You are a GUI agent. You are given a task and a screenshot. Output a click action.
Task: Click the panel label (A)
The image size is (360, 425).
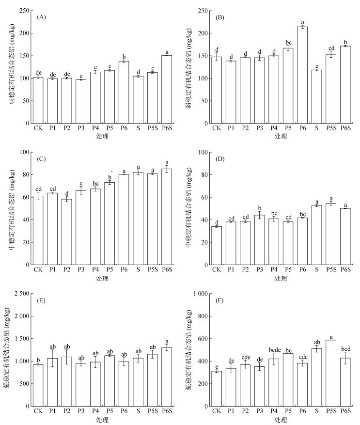pos(42,17)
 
